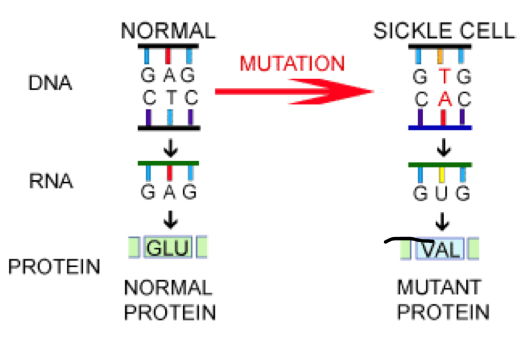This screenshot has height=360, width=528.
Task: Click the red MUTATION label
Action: click(291, 63)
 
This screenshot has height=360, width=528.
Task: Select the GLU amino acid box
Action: click(168, 248)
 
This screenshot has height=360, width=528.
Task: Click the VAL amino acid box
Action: click(441, 249)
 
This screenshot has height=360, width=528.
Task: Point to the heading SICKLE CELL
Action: click(444, 31)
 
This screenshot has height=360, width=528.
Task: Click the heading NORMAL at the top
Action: click(168, 31)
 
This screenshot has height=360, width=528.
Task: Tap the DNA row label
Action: click(50, 83)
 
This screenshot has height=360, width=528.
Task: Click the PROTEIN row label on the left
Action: click(54, 266)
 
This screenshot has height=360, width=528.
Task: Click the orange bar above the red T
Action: click(441, 55)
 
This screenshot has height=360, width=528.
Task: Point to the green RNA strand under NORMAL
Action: click(168, 164)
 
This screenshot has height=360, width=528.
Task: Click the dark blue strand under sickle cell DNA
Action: click(440, 128)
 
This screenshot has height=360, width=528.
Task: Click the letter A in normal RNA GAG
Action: click(168, 193)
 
